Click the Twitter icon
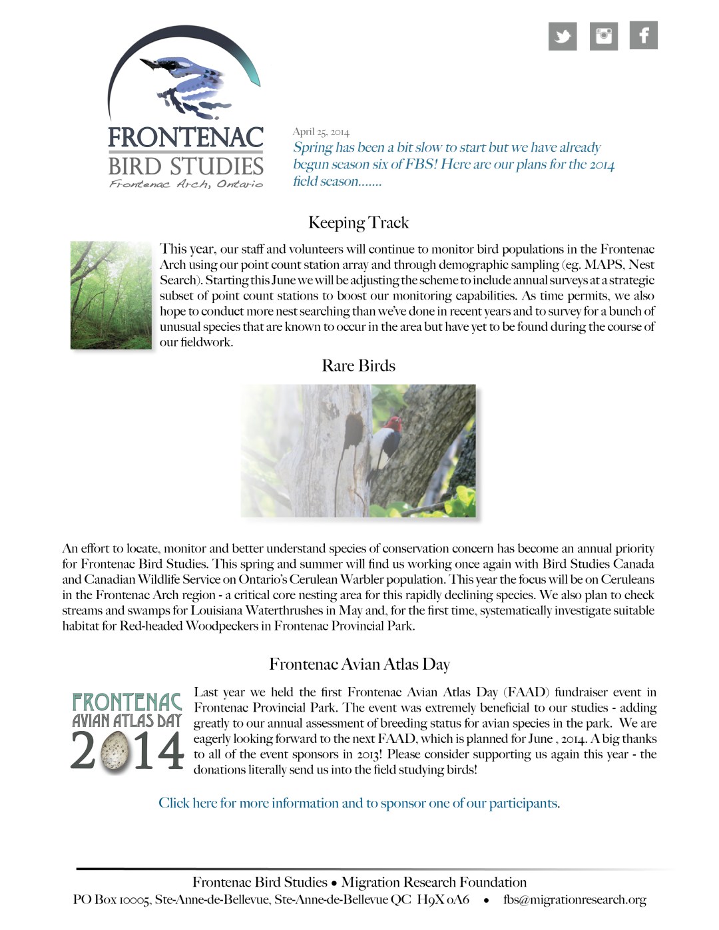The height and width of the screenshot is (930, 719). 563,36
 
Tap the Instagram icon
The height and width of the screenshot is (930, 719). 603,36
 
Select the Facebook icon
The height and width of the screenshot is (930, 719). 644,35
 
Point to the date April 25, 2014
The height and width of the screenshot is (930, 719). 321,132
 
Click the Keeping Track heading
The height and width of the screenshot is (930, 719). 358,222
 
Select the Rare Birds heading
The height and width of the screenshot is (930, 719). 358,365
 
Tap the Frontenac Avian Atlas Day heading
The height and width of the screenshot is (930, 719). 359,664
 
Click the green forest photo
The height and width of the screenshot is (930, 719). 111,295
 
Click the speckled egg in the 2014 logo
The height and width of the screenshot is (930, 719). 115,752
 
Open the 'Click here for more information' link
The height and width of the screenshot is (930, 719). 359,803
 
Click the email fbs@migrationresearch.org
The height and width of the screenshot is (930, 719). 575,899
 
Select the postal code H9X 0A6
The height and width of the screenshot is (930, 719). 443,899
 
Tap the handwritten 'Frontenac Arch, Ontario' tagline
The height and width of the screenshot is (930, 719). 186,184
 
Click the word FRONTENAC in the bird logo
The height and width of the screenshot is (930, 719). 186,137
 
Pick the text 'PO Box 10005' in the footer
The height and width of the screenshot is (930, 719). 111,899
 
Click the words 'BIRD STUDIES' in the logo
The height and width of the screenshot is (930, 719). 186,166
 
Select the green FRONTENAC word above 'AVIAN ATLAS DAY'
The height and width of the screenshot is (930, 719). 126,702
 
